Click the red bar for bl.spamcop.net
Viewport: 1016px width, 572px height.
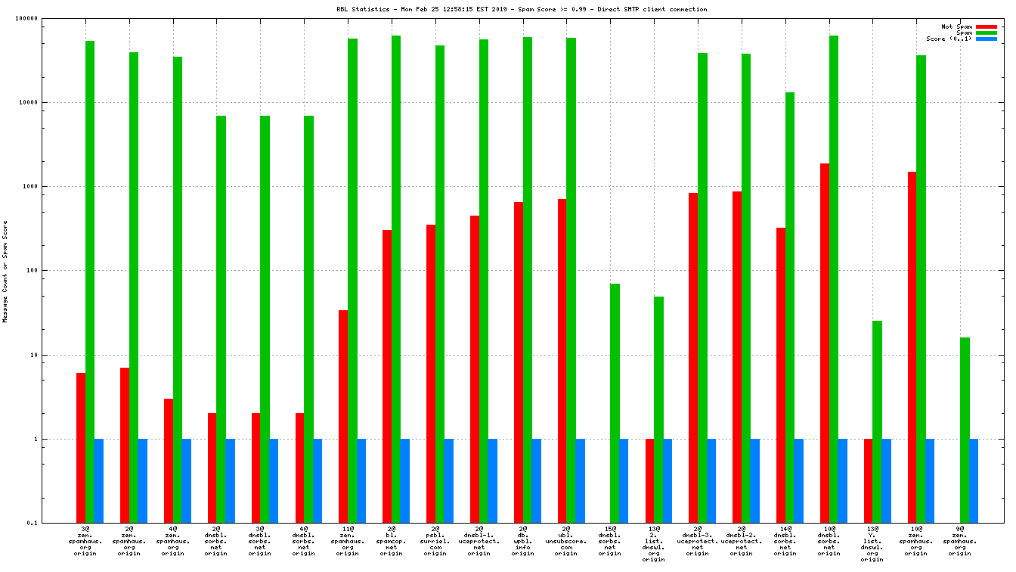point(387,376)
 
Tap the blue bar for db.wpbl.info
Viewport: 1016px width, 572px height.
point(537,480)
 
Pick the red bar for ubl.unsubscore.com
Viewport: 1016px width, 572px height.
point(562,361)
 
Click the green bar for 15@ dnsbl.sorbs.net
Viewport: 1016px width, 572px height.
point(615,403)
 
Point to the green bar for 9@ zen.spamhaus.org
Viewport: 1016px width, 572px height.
point(965,430)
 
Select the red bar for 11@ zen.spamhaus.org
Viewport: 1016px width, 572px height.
point(343,416)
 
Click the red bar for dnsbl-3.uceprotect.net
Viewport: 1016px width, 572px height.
point(693,358)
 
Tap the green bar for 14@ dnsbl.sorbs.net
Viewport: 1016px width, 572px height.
point(790,307)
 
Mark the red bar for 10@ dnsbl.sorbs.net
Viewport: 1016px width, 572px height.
point(825,343)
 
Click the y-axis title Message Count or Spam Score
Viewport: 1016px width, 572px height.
point(5,272)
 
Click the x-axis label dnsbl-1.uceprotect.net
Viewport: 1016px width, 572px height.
point(479,540)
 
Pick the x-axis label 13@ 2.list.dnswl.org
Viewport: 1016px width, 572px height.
point(653,543)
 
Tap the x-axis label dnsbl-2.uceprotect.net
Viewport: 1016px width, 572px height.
point(741,540)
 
